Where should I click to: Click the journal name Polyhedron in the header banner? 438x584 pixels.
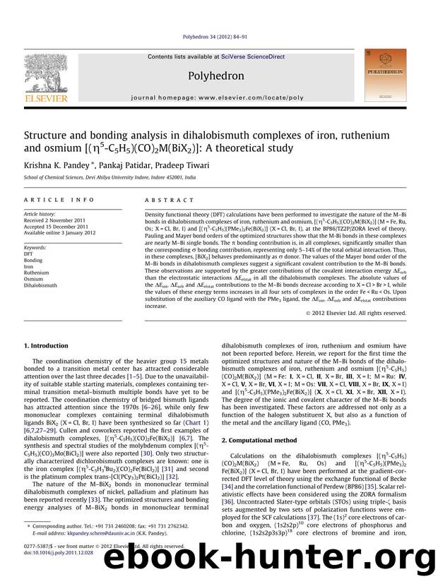pos(219,75)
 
